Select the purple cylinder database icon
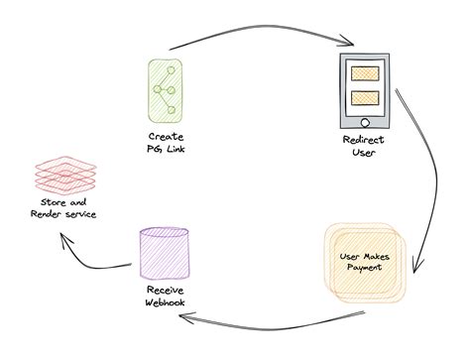click(x=159, y=255)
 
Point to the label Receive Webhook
click(x=159, y=299)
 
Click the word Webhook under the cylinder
click(x=160, y=304)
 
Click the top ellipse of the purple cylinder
click(x=159, y=234)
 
